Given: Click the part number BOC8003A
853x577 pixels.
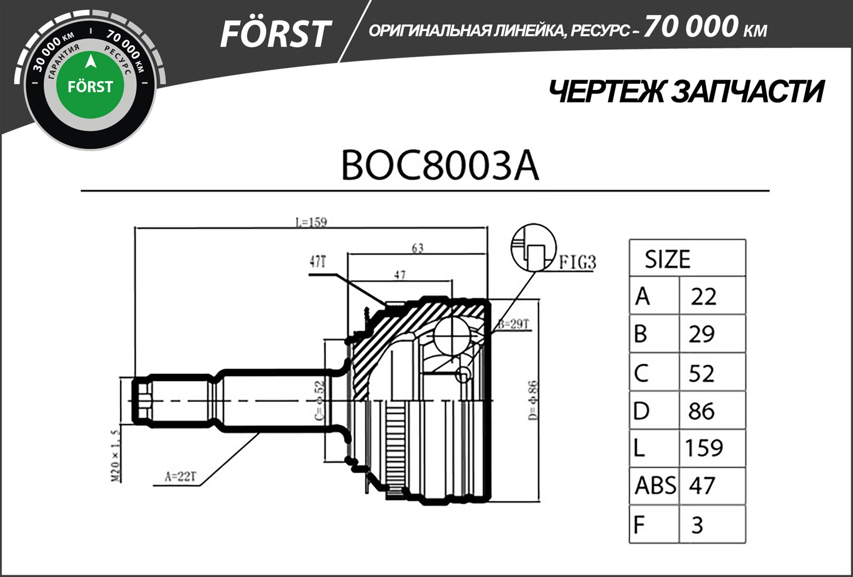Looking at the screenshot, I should [x=440, y=165].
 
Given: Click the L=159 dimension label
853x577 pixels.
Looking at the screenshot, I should [x=311, y=222].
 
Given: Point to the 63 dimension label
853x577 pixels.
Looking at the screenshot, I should [x=418, y=248].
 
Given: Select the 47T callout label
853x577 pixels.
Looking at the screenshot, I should [x=318, y=261].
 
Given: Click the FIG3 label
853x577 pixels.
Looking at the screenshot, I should [x=577, y=262].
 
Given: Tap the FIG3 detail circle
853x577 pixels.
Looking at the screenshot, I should [x=534, y=247].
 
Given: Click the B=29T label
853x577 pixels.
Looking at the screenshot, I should [x=514, y=324].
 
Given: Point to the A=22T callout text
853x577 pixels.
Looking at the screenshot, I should [x=181, y=476].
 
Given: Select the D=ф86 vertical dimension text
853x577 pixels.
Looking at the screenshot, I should [x=533, y=400].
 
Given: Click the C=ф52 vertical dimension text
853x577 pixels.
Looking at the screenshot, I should [x=319, y=400].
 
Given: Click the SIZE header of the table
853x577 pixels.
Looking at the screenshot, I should [x=667, y=259].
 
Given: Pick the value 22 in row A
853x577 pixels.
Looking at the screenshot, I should [x=704, y=296].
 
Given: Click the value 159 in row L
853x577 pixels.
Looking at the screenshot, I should [x=704, y=448].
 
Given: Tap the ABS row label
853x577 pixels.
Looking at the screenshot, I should [x=655, y=486].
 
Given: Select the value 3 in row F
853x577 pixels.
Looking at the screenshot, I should [x=697, y=525].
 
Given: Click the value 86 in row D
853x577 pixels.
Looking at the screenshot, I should [x=701, y=411].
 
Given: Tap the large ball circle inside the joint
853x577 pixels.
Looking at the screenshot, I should [x=453, y=336].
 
